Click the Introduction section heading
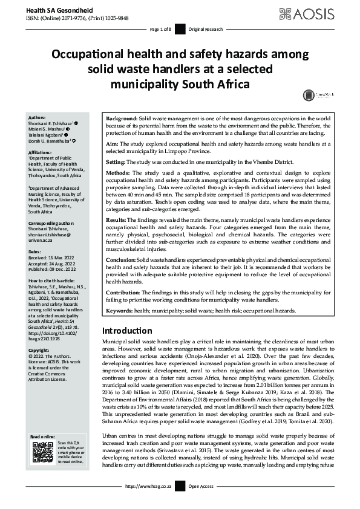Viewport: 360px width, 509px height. coord(127,331)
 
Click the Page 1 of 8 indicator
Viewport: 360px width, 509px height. coord(162,30)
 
